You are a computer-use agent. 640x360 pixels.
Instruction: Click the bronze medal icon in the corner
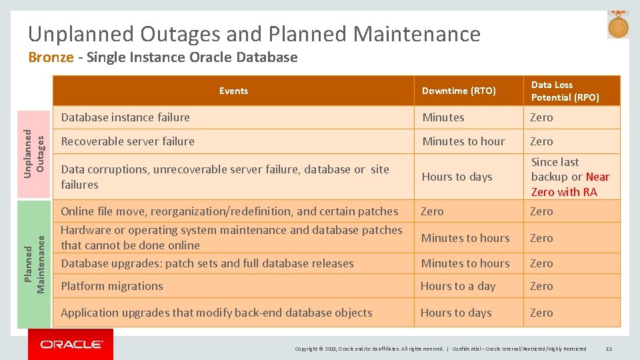click(618, 25)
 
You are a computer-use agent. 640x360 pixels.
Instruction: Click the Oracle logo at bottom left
click(71, 344)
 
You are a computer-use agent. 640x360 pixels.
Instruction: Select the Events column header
click(233, 91)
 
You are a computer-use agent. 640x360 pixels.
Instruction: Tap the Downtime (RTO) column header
click(459, 91)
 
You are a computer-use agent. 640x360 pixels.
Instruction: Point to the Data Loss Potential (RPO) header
click(565, 91)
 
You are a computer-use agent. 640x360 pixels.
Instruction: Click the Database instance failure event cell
click(125, 117)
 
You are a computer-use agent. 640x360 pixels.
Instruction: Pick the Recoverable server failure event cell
click(127, 141)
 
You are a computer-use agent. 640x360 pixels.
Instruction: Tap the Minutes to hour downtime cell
click(463, 141)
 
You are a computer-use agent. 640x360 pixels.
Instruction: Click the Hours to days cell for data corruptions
click(457, 177)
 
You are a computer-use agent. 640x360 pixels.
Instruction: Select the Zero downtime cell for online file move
click(432, 211)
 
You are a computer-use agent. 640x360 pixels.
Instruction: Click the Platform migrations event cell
click(112, 286)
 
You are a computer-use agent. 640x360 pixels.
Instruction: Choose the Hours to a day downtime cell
click(457, 286)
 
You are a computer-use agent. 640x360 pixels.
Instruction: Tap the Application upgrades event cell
click(216, 313)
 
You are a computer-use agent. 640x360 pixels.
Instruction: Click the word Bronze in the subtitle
click(51, 57)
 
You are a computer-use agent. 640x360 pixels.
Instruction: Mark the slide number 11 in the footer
click(609, 349)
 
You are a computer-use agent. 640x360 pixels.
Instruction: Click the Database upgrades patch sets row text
click(207, 263)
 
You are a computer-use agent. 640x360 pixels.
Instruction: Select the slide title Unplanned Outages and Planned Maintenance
click(254, 33)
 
